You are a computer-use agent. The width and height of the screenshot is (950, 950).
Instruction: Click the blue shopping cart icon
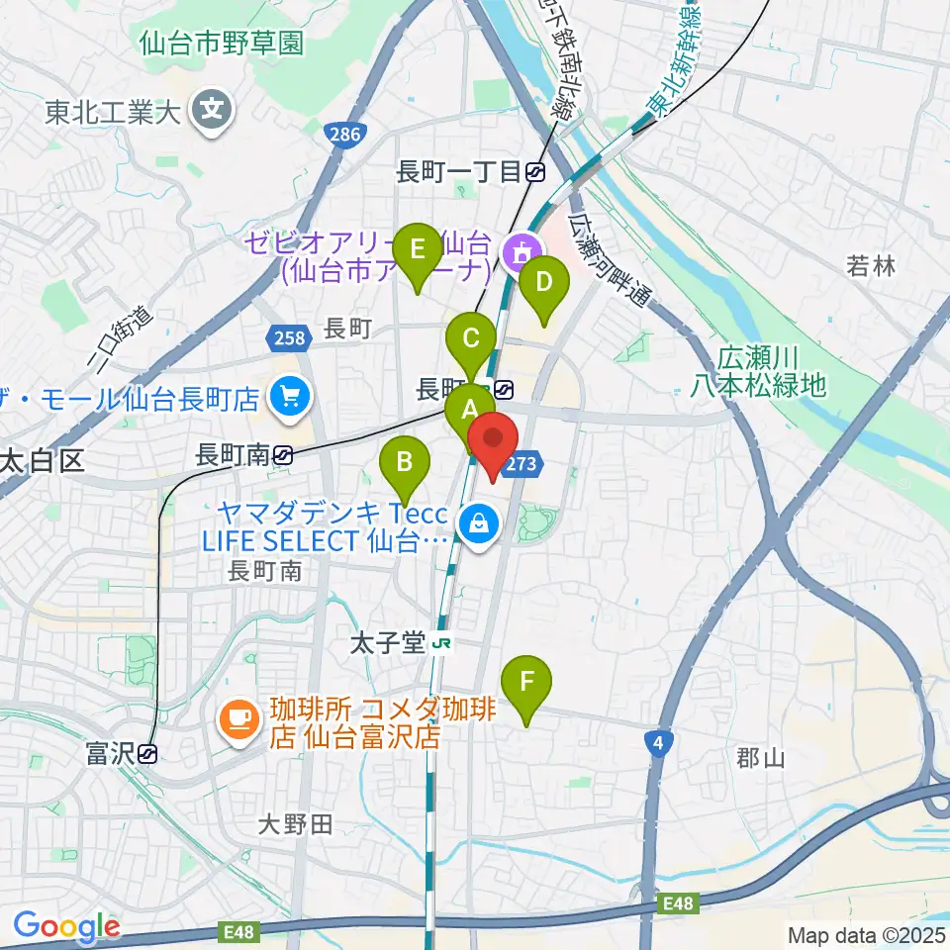click(x=289, y=399)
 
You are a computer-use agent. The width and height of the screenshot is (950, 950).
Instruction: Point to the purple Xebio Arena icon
click(x=519, y=254)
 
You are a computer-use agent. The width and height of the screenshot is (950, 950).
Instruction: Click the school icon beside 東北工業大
click(x=212, y=110)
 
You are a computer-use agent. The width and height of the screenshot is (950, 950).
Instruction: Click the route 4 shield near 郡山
click(x=656, y=742)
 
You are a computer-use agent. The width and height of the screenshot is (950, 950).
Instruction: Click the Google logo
click(x=66, y=925)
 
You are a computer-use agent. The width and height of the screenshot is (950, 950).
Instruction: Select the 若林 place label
click(x=871, y=265)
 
